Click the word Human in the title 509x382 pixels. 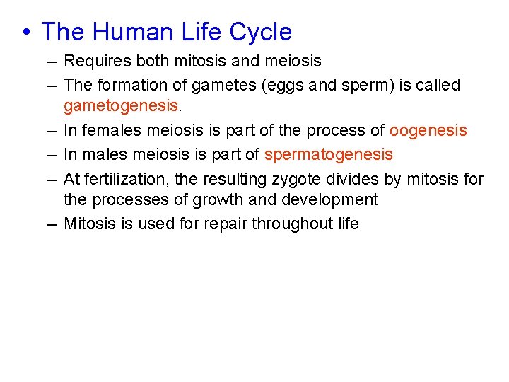(129, 33)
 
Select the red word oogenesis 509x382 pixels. (428, 131)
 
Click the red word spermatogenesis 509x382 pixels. (328, 154)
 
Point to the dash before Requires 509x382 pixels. (53, 62)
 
